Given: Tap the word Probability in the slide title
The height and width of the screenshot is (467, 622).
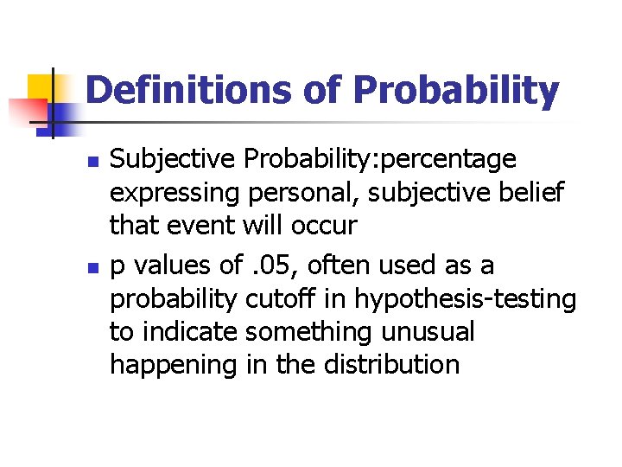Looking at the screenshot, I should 455,91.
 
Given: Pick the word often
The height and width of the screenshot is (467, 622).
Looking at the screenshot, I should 356,265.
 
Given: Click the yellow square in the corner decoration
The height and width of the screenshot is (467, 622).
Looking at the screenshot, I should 41,89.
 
